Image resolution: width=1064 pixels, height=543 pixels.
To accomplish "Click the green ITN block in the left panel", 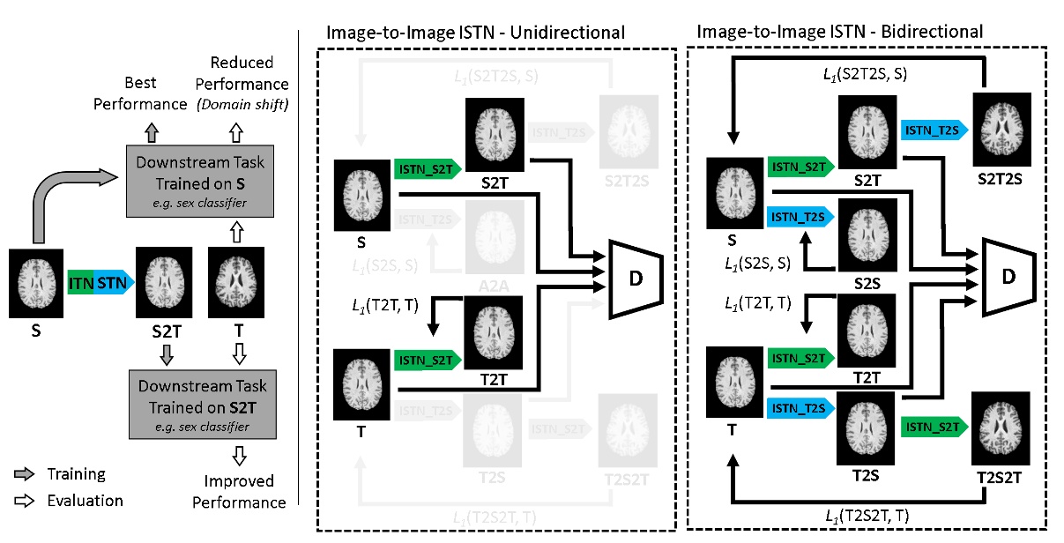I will click(x=81, y=283).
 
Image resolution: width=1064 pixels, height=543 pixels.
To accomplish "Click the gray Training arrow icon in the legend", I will click(x=20, y=474).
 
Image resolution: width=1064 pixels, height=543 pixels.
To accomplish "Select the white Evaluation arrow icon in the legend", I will click(x=20, y=501).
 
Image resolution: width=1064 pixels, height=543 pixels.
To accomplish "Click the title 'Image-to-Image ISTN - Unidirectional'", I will click(x=475, y=33).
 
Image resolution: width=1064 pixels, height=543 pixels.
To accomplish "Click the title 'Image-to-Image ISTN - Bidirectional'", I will click(x=839, y=33).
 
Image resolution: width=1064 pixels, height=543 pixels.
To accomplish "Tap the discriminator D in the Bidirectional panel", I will click(x=1008, y=276).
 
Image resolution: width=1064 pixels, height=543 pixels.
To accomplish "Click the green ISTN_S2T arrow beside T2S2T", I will click(x=934, y=427).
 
